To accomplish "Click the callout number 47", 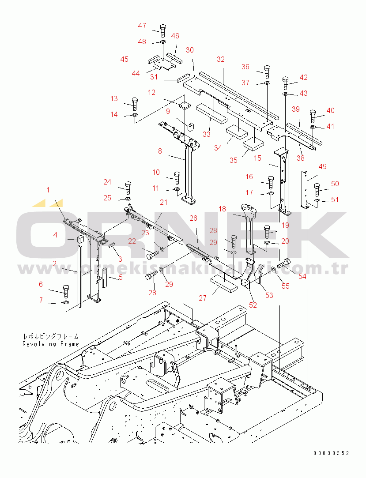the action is tap(142, 26).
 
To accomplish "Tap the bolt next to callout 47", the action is tap(162, 31).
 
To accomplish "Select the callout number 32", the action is tap(221, 59).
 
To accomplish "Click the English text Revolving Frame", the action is tap(51, 344).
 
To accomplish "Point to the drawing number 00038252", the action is tap(332, 453).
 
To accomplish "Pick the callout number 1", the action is tap(48, 190).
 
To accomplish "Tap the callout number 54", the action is tap(302, 276).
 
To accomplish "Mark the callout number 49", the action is tap(323, 166).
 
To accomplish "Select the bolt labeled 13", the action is tap(135, 104).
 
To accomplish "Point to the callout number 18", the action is tap(222, 209).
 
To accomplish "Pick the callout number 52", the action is tap(253, 305).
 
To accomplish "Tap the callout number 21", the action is tap(164, 202).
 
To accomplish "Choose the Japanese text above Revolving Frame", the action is tap(50, 336).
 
